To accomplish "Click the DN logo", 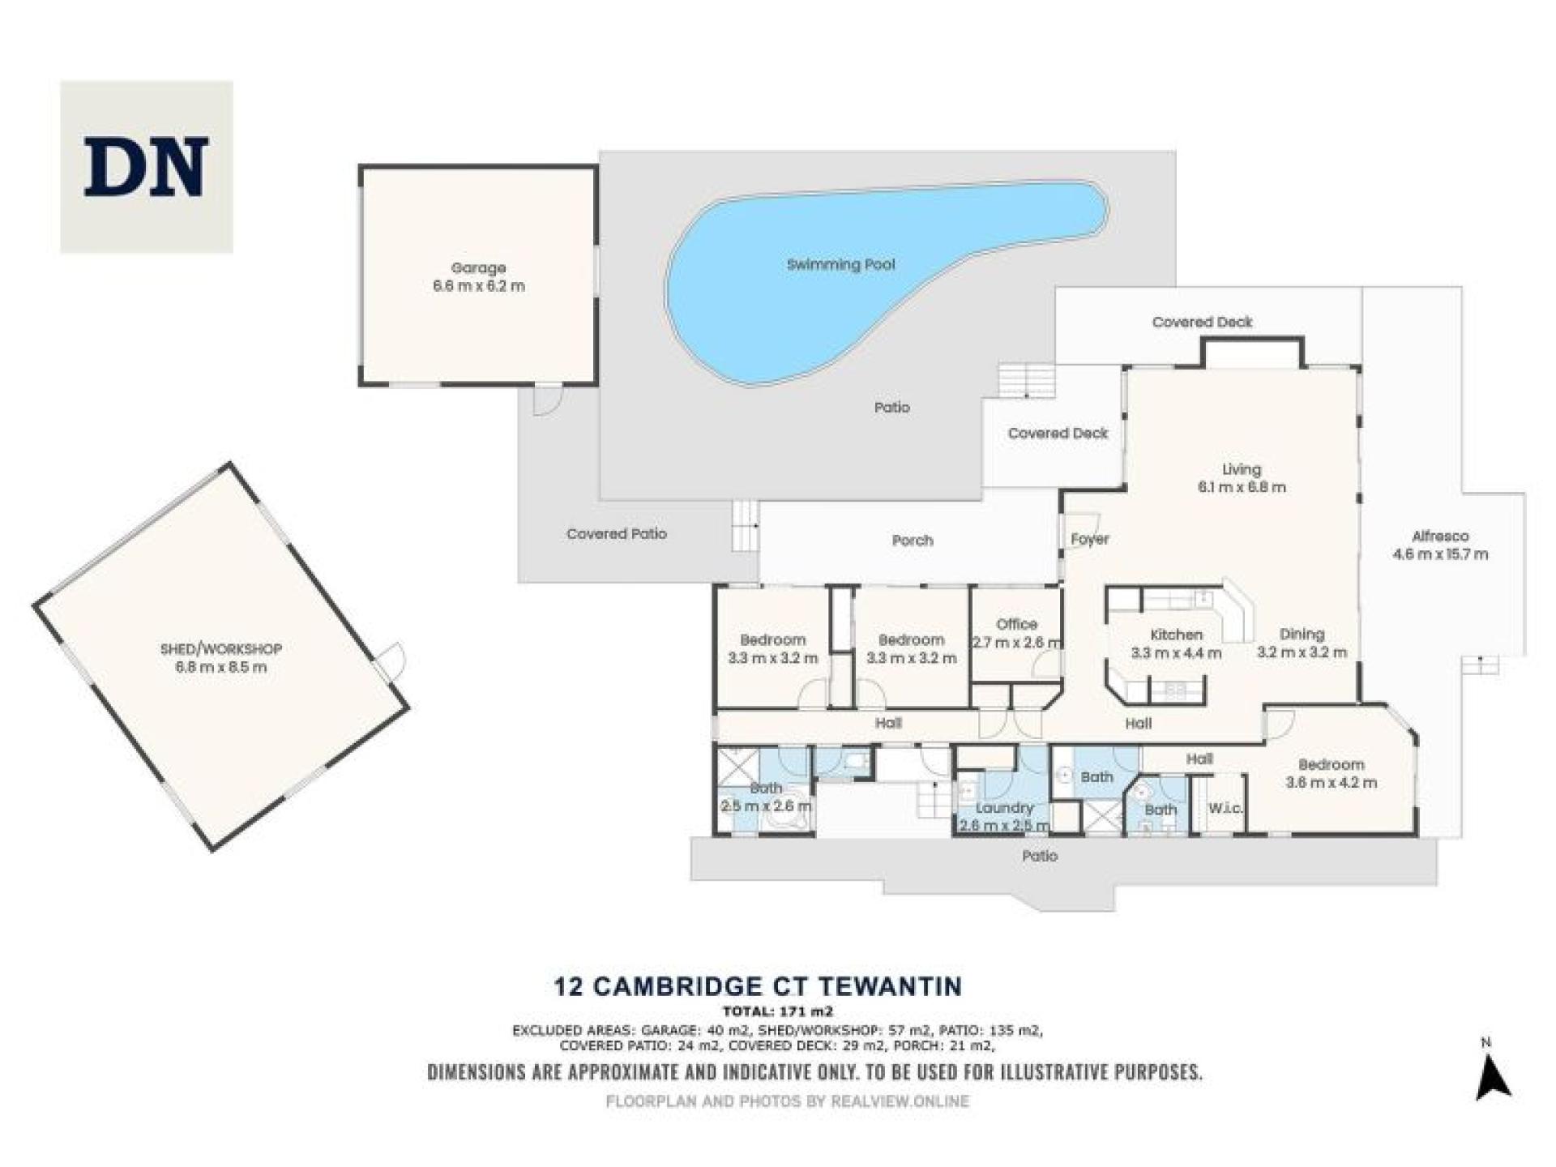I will (x=147, y=167).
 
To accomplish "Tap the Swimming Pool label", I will (x=840, y=264).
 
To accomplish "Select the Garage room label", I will (x=478, y=267).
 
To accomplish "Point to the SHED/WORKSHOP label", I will (x=220, y=649).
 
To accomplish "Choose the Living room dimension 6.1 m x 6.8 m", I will (x=1241, y=487).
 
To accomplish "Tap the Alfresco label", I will (x=1439, y=536).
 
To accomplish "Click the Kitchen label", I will (x=1176, y=635).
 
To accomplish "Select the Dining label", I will (x=1302, y=634).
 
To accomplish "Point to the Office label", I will (x=1016, y=624).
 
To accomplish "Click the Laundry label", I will (x=1004, y=808).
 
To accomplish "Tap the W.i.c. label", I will (x=1225, y=808).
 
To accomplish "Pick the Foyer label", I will (x=1089, y=539).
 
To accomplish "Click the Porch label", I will (x=913, y=541).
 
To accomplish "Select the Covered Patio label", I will (x=616, y=534).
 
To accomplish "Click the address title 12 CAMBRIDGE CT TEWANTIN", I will (x=758, y=986).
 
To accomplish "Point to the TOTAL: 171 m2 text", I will (x=777, y=1011).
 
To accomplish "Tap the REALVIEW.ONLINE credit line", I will (x=787, y=1101).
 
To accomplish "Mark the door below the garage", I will (x=547, y=400).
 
